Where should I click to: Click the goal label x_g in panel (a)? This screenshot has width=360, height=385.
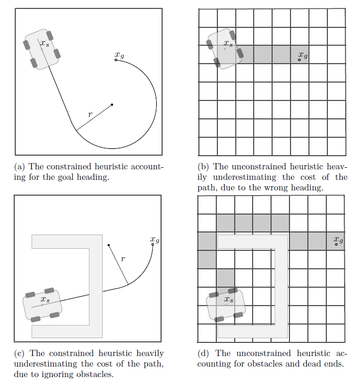119,55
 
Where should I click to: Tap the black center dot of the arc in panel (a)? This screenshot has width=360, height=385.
112,105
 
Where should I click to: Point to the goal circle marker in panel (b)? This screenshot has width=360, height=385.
299,60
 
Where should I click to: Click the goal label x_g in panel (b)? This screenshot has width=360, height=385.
303,54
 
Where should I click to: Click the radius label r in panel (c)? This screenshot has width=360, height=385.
123,259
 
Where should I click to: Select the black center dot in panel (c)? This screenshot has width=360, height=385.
108,245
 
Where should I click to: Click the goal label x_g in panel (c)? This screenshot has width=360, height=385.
155,240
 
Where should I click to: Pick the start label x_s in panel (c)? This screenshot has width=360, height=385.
46,299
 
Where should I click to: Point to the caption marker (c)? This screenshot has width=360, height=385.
19,353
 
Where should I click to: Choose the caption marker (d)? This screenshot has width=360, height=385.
204,353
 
